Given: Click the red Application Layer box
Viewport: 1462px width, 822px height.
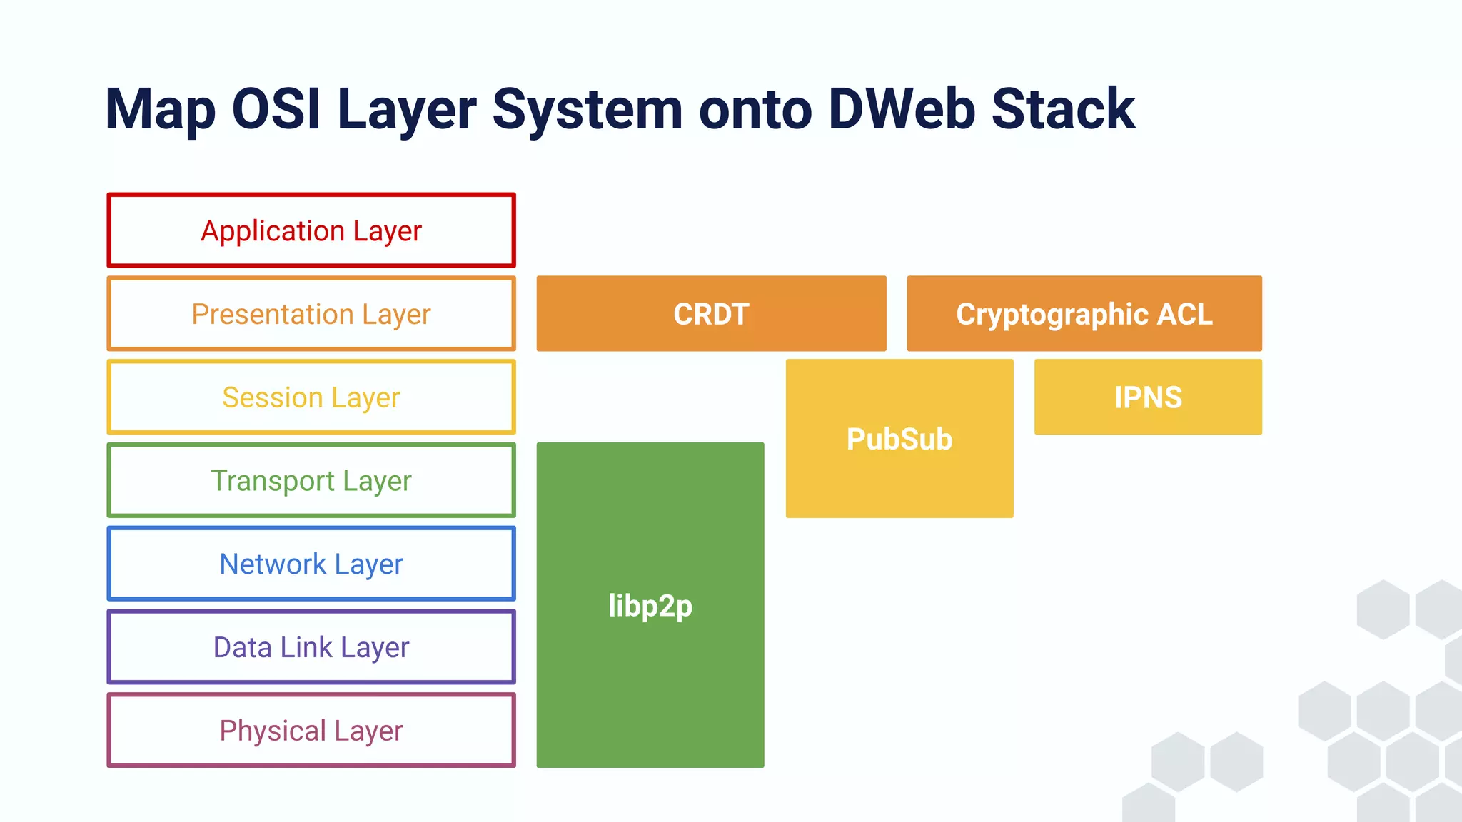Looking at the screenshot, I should (311, 230).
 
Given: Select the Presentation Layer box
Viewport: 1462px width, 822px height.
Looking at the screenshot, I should (311, 314).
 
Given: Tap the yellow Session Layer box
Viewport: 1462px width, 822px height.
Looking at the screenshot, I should (311, 397).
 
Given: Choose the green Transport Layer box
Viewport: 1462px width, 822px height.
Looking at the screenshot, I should (311, 480).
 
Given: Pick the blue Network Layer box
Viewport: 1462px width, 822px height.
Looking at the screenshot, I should (311, 564).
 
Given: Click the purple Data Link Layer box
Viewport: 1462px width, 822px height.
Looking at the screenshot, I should (311, 647).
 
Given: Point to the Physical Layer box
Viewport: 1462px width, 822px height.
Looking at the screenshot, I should (311, 731).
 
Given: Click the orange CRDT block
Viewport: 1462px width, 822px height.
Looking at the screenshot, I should (711, 314).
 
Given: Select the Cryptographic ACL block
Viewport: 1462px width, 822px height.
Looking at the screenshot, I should (1084, 314).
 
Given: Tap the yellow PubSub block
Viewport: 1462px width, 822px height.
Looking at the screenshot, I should (899, 439).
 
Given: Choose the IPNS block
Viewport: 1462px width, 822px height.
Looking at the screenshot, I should (1148, 397).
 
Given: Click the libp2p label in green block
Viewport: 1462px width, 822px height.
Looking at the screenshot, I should (650, 606).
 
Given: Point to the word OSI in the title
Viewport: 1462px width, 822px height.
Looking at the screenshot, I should (276, 109).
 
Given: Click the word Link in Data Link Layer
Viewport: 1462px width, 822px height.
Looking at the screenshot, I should (306, 647).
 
